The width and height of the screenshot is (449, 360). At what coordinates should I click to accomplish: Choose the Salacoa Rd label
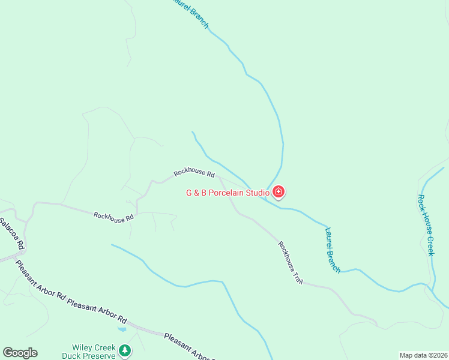(12, 234)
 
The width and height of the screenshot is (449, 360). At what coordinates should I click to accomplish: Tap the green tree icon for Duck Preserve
(124, 350)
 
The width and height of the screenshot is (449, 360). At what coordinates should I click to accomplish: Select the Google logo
(20, 353)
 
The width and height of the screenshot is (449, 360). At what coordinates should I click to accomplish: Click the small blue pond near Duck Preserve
(122, 329)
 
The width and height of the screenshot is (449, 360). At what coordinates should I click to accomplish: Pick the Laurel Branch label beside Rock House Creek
(333, 250)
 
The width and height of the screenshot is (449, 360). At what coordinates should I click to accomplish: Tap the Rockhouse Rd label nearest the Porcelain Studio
(194, 173)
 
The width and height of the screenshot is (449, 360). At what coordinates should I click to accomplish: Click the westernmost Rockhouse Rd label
(113, 217)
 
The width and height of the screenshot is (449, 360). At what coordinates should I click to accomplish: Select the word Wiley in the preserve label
(82, 347)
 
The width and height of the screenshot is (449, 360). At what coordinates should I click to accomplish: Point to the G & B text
(196, 193)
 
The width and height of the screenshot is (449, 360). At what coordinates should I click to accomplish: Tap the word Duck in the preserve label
(73, 356)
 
